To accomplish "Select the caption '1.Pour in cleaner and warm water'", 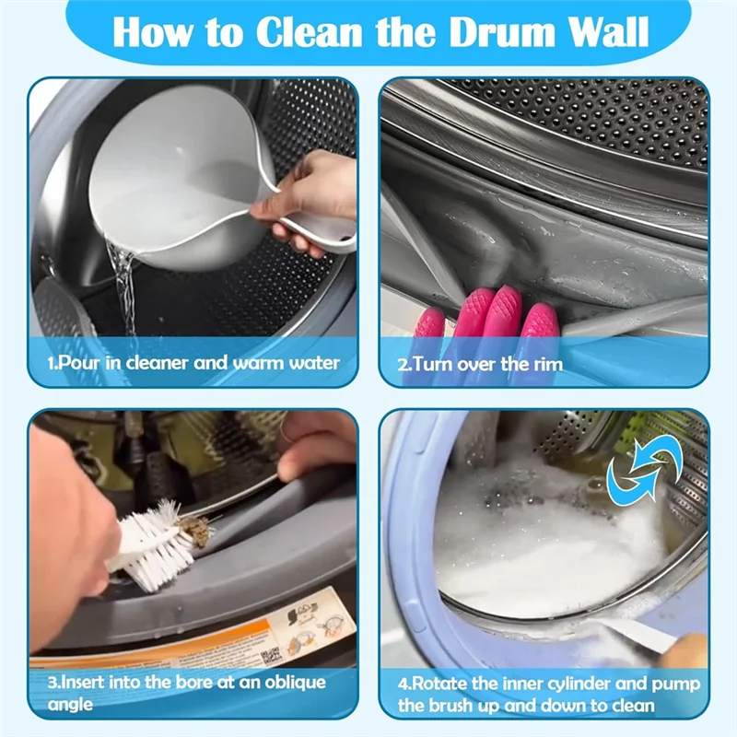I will [193, 362].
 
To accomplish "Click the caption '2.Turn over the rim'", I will [480, 363].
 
